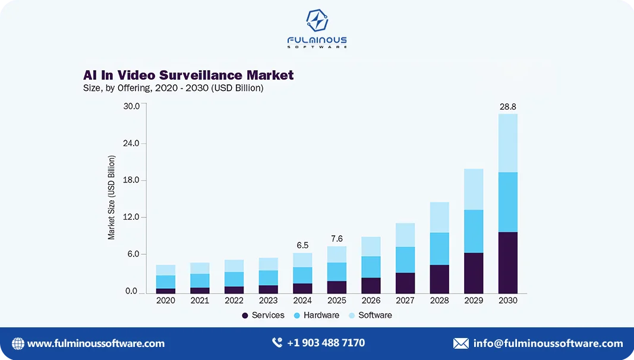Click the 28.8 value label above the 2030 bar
507,107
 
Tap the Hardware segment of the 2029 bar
474,231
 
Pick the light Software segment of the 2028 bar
439,217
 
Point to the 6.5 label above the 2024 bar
302,245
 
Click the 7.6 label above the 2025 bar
336,239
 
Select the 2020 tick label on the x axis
166,301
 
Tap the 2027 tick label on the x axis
405,301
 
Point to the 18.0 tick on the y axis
131,180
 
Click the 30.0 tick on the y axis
131,106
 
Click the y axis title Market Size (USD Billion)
111,198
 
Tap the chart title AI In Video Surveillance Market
188,75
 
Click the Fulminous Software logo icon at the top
317,21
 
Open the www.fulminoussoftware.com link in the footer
96,343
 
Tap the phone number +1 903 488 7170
326,343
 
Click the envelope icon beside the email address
460,343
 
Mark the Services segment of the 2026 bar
371,285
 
